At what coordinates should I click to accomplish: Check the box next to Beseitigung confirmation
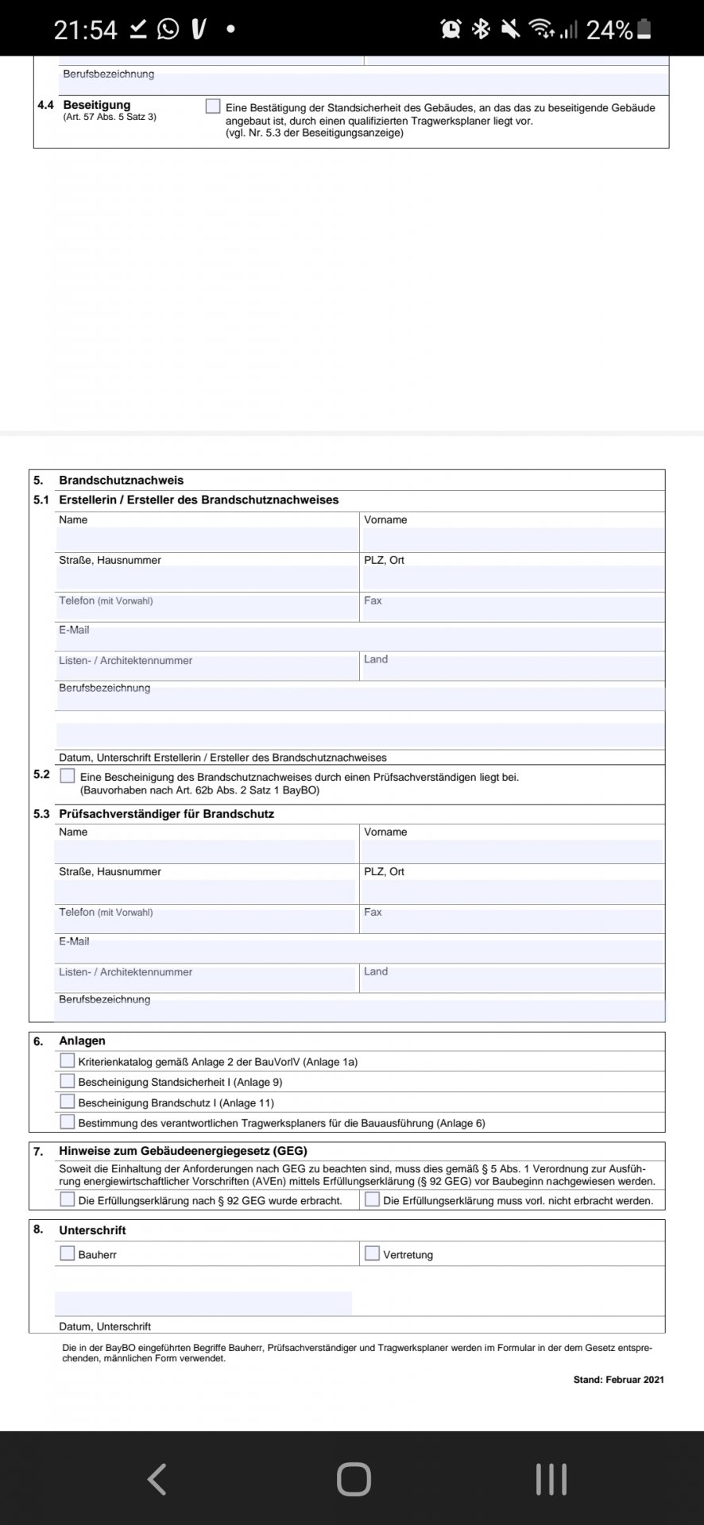[212, 106]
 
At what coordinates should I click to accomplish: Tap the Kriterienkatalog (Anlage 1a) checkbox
[68, 1060]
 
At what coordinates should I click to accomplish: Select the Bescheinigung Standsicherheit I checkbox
[68, 1081]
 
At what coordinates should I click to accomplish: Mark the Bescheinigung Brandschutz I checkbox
[68, 1102]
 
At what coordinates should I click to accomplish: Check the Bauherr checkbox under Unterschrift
[68, 1253]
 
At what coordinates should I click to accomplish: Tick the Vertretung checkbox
[372, 1253]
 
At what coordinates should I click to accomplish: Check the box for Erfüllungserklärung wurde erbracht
[68, 1199]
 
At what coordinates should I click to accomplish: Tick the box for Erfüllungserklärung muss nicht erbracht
[372, 1199]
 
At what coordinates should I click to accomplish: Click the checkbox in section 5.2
[68, 776]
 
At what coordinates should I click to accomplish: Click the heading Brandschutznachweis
[121, 481]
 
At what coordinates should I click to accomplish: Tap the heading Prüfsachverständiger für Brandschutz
[166, 814]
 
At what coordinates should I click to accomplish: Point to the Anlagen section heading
[82, 1041]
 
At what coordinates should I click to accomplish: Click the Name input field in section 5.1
[207, 539]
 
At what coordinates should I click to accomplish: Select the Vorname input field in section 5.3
[512, 851]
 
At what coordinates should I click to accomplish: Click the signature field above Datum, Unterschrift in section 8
[203, 1303]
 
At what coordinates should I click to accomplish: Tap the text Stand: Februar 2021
[618, 1380]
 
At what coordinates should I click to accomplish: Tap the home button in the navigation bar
[354, 1480]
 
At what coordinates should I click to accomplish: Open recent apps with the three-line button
[551, 1480]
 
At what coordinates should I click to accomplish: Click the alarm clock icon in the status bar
[451, 29]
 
